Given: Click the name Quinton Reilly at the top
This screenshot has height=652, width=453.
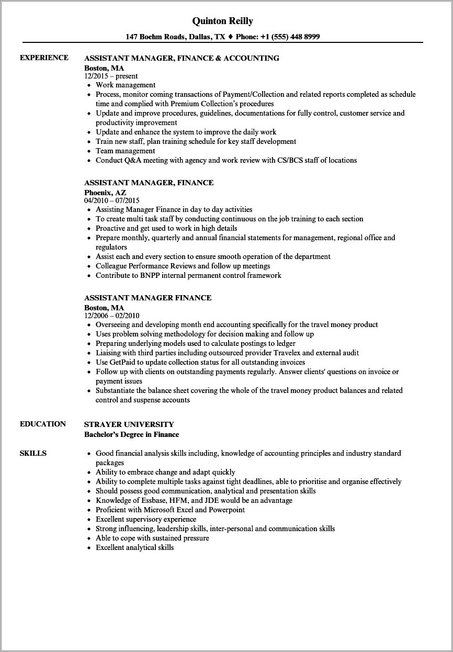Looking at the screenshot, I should (222, 21).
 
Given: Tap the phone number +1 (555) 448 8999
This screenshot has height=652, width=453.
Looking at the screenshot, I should (291, 37).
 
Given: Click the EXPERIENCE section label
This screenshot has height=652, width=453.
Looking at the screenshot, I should (44, 58).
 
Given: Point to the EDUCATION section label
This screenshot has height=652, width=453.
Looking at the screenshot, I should (43, 424).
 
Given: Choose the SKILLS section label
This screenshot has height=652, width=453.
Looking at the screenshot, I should (33, 453).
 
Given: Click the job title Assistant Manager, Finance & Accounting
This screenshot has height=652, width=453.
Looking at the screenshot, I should (182, 58).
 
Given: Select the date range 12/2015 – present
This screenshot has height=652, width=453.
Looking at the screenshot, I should (111, 76).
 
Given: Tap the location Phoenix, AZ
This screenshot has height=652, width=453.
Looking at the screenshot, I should (105, 193).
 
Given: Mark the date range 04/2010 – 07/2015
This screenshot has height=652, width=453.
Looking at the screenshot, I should (111, 200).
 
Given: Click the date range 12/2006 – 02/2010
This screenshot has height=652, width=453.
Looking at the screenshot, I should (111, 316).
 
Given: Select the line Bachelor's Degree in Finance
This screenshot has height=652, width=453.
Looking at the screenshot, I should (131, 434).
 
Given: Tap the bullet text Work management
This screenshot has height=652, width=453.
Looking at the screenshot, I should (126, 85).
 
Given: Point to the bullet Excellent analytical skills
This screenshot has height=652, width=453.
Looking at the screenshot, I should (134, 547).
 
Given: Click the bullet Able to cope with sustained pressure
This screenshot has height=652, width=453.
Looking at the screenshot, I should (152, 538).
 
